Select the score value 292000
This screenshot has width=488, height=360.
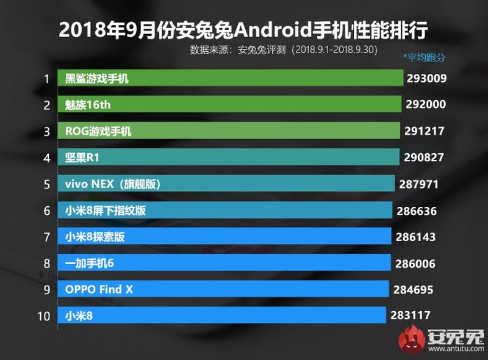coord(426,104)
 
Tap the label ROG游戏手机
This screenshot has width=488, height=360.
coord(98,131)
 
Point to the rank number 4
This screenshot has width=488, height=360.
coord(46,157)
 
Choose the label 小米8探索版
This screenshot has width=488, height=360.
coord(95,236)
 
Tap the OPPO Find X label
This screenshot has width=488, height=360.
coord(99,289)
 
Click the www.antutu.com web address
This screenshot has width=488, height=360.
coord(454,349)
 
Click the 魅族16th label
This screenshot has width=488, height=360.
coord(88,104)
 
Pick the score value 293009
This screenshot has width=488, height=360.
coord(427,78)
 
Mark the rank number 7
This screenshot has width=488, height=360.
coord(46,236)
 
